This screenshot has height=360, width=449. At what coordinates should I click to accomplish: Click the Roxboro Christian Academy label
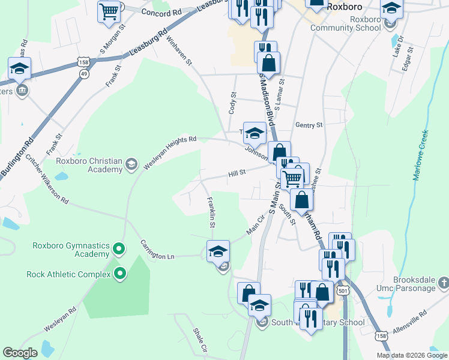[88, 165]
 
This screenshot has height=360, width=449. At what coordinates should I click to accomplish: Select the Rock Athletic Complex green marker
[119, 275]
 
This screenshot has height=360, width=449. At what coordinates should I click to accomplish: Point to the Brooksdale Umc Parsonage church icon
[443, 281]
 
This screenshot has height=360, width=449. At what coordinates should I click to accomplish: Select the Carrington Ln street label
[157, 250]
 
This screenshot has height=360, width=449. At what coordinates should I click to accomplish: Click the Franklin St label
[210, 212]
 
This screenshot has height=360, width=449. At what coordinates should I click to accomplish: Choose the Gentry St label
[309, 125]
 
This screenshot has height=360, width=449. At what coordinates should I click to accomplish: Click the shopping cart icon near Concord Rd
[110, 11]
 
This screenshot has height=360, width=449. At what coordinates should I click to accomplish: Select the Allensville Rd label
[408, 322]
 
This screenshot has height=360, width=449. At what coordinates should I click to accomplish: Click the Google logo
[20, 353]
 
